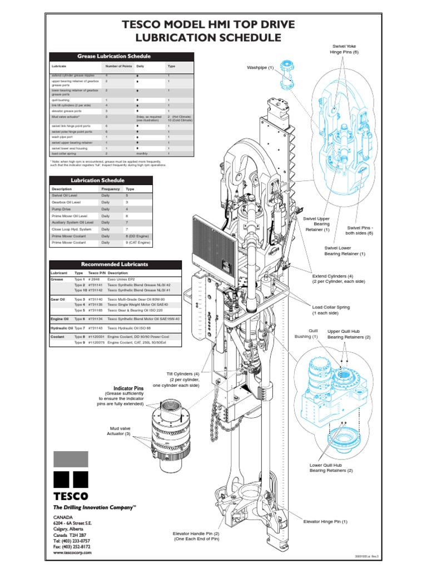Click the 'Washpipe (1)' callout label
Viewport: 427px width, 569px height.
click(260, 68)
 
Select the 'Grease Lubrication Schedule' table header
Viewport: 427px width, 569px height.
click(122, 56)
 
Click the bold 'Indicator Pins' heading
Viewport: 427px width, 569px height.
click(128, 388)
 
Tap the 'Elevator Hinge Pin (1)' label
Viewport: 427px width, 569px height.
click(325, 521)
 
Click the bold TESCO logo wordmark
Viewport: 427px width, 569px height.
click(70, 496)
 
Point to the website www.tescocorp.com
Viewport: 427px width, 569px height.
click(72, 553)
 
